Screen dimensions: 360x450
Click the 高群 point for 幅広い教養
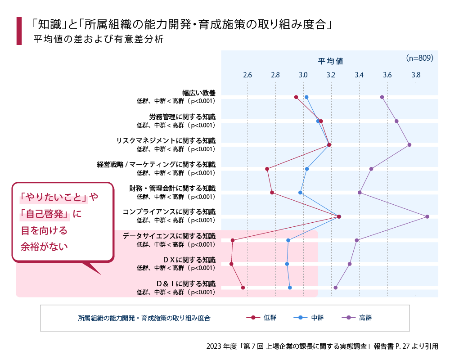coord(382,97)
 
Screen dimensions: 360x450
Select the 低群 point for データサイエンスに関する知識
coord(233,240)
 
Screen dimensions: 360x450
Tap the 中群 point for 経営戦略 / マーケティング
coord(307,169)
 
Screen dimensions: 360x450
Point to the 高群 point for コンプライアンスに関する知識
coord(427,217)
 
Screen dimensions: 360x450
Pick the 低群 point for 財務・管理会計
coord(272,193)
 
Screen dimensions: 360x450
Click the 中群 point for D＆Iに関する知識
coord(290,288)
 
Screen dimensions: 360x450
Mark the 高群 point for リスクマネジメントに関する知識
coord(409,145)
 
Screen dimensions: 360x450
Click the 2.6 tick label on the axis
coord(247,75)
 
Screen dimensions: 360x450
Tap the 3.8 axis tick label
coord(416,75)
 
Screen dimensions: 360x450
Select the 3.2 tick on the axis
coord(331,75)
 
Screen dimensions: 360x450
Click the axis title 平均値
coord(331,61)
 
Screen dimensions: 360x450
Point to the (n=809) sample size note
coord(419,58)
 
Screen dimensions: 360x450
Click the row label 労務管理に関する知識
coord(182,117)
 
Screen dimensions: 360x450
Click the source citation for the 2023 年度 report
coord(322,346)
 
